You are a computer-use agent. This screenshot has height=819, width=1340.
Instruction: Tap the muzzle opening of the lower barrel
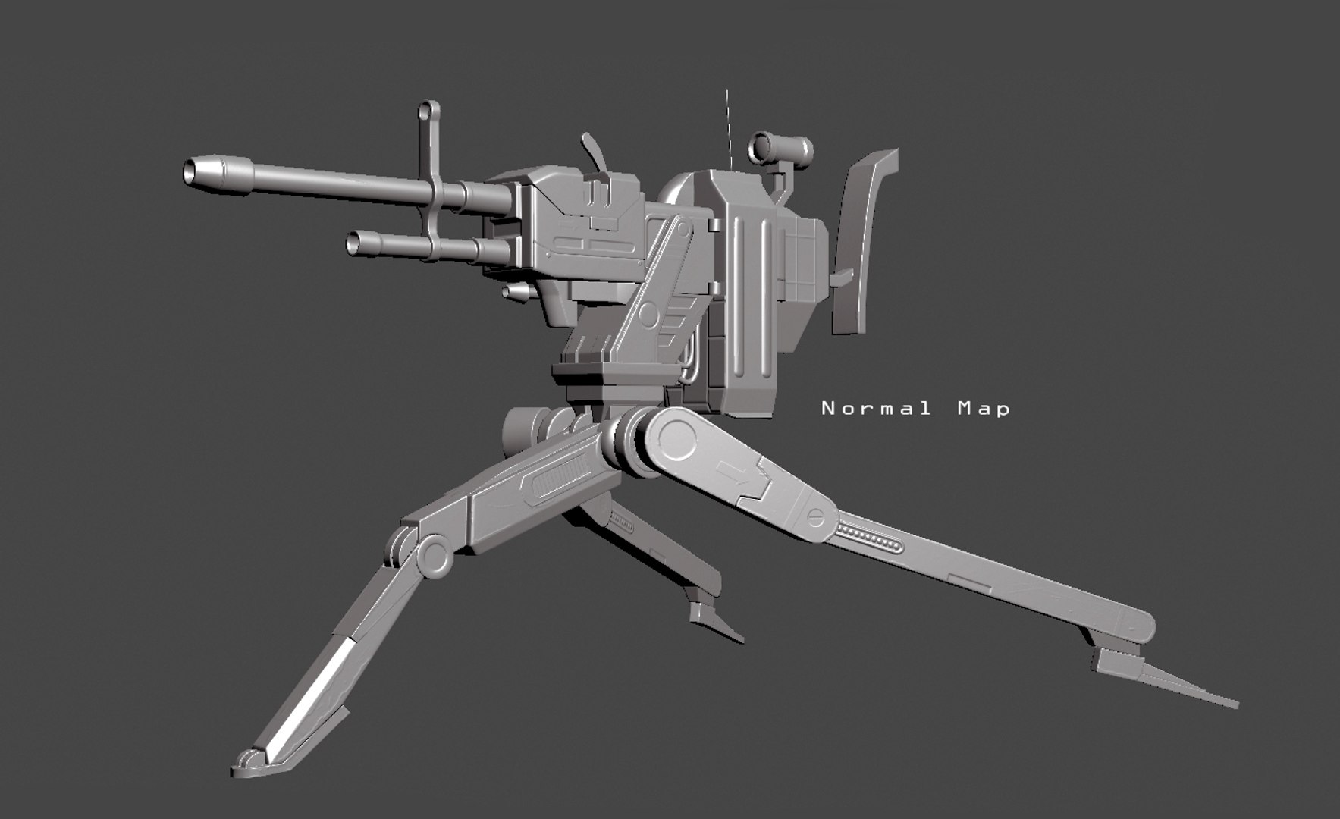click(x=353, y=243)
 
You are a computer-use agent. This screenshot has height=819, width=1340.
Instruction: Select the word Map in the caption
click(x=984, y=409)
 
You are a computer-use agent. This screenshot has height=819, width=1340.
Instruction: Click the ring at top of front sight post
click(x=430, y=111)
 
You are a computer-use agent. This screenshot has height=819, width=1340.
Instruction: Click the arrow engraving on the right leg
click(x=732, y=472)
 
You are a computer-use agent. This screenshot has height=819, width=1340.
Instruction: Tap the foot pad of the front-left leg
click(x=250, y=763)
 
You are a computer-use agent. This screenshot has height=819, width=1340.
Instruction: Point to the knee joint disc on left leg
click(x=433, y=556)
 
